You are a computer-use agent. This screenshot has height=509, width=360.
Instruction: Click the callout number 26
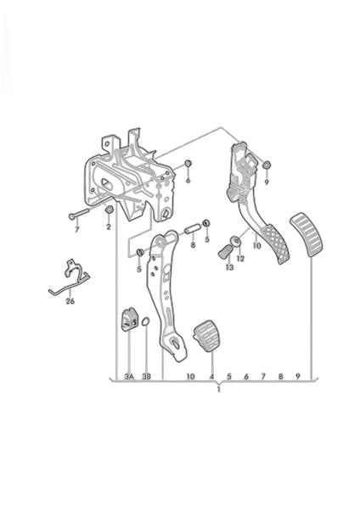tap(70, 301)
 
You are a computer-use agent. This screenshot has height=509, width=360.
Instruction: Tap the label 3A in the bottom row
tap(129, 377)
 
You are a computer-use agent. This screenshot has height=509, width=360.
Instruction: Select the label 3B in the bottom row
tap(147, 377)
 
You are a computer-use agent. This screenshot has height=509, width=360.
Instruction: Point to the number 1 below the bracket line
tap(219, 389)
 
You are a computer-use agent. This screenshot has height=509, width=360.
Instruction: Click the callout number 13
tap(230, 267)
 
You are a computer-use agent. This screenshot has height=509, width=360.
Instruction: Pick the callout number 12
tap(240, 259)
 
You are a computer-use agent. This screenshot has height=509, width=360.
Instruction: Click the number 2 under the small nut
tap(109, 227)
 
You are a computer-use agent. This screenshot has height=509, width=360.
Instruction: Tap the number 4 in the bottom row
tap(212, 377)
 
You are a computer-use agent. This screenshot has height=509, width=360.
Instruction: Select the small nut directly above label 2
tap(110, 210)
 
